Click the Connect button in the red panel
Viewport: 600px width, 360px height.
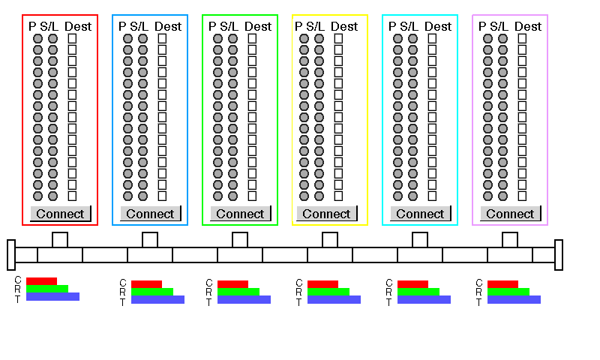[x=61, y=214]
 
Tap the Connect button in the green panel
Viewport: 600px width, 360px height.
[x=240, y=214]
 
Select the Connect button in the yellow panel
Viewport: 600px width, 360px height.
[x=326, y=214]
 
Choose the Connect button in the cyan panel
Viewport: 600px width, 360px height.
[x=420, y=214]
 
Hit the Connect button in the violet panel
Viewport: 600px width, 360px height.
[x=510, y=214]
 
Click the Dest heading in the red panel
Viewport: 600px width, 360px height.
[x=78, y=26]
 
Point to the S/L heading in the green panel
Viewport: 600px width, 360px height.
[x=229, y=26]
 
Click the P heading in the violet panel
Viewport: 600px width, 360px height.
[x=482, y=26]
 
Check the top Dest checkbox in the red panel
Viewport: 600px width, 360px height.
[x=72, y=39]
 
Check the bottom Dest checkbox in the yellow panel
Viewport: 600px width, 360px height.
[x=338, y=196]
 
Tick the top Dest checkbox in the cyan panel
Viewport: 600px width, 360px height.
[x=432, y=39]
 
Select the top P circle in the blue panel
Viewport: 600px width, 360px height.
[x=127, y=39]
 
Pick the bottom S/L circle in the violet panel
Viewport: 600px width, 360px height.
[x=502, y=196]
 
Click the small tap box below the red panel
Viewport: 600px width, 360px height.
[x=60, y=240]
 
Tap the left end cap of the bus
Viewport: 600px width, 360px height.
[x=11, y=255]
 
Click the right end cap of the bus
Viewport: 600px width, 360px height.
[x=559, y=255]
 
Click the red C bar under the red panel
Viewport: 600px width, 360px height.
[x=41, y=281]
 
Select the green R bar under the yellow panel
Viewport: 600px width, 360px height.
[x=328, y=292]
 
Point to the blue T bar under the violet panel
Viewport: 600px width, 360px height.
[x=514, y=299]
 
